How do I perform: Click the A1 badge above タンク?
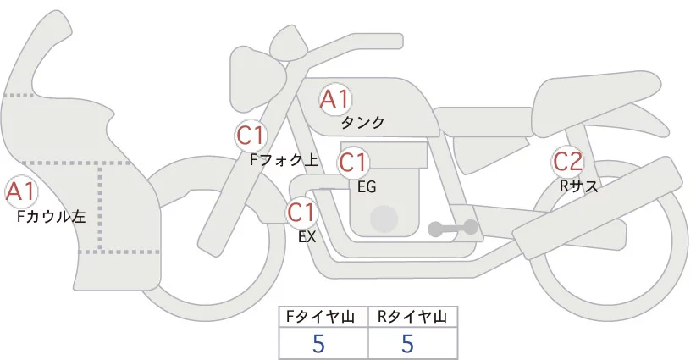[335, 99]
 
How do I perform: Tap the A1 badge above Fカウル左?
[20, 192]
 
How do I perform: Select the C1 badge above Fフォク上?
[252, 136]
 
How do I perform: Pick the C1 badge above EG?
[353, 162]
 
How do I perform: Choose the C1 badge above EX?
[301, 211]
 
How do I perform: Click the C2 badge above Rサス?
[567, 160]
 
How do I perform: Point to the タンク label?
[362, 123]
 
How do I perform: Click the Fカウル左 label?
[52, 217]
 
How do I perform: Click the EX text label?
[307, 237]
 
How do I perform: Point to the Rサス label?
[578, 186]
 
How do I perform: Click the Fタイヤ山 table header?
[323, 317]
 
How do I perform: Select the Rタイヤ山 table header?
[412, 317]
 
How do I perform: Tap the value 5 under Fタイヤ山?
[318, 343]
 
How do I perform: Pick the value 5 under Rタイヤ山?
[407, 343]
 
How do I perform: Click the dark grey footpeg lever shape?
[453, 228]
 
